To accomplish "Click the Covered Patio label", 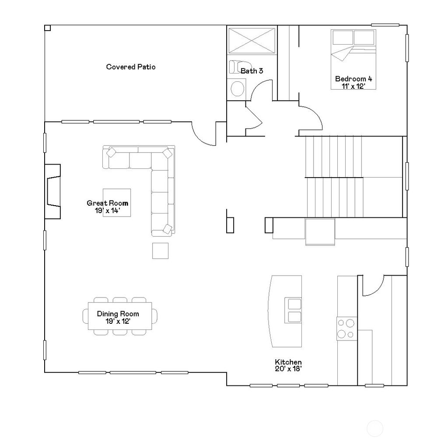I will point(131,67).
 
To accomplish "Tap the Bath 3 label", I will point(252,70).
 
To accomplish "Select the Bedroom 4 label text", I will point(353,79).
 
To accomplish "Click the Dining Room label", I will point(118,314).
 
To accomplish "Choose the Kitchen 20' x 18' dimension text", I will point(288,369).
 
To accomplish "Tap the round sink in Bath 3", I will point(237,88).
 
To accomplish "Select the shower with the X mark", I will point(252,41).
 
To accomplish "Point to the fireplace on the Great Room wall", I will point(52,191).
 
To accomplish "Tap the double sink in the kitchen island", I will point(293,310).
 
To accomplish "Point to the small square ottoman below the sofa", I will point(160,251).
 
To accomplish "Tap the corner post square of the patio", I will point(47,28).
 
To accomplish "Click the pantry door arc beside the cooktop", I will point(373,287).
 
